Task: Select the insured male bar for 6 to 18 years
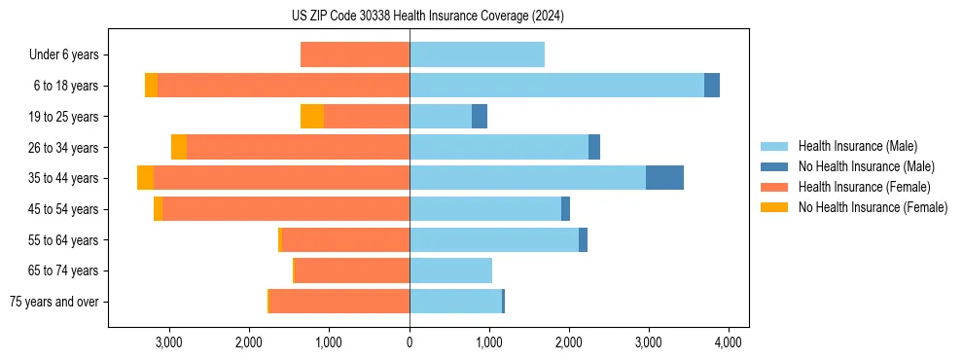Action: [x=556, y=86]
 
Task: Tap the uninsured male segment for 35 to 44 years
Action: [x=664, y=178]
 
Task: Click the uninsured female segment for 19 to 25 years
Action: [x=312, y=117]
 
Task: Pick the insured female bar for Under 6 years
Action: [x=355, y=54]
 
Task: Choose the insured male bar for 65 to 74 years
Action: [x=450, y=270]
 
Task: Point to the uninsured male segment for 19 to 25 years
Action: [x=480, y=117]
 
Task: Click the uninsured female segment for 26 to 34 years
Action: [x=179, y=147]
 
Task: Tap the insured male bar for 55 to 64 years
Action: [x=494, y=239]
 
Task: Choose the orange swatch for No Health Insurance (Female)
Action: [x=775, y=207]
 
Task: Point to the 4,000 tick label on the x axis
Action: [x=729, y=342]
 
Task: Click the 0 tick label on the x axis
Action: [x=410, y=342]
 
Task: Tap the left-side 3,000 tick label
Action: [x=169, y=342]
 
